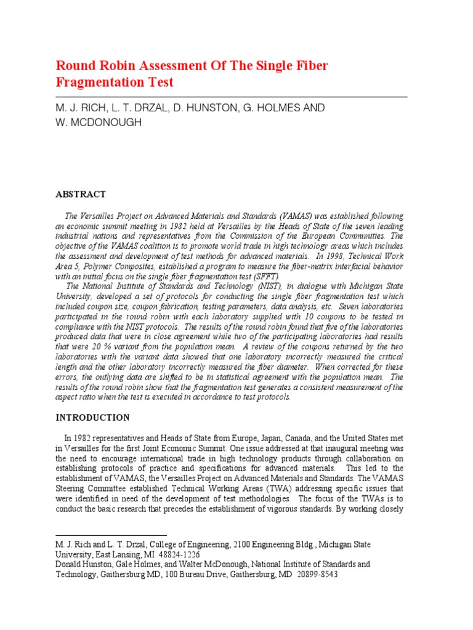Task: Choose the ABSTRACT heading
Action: click(81, 194)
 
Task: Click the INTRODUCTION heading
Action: click(93, 417)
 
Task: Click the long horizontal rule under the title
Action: click(232, 97)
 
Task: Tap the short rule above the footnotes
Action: click(111, 536)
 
